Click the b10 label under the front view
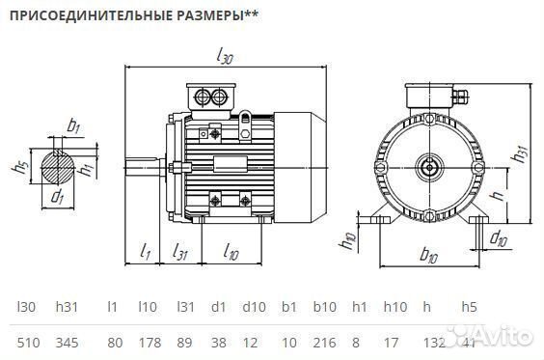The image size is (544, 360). coord(429,257)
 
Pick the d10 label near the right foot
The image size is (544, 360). coord(498,236)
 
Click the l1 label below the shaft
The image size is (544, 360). coord(145,252)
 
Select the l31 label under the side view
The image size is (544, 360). coord(179,252)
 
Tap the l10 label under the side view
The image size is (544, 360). coord(231,252)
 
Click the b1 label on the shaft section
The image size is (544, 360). coord(73,125)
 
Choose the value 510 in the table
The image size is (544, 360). coord(28,343)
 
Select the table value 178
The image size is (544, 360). coord(148,343)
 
